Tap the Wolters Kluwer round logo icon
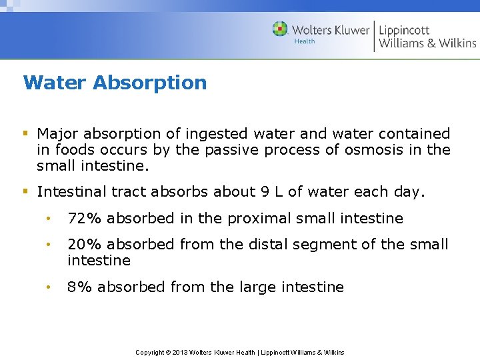pos(280,29)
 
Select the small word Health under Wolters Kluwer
pos(305,41)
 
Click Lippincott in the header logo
pos(404,30)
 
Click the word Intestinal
pos(71,192)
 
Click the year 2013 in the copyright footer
pos(181,352)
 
